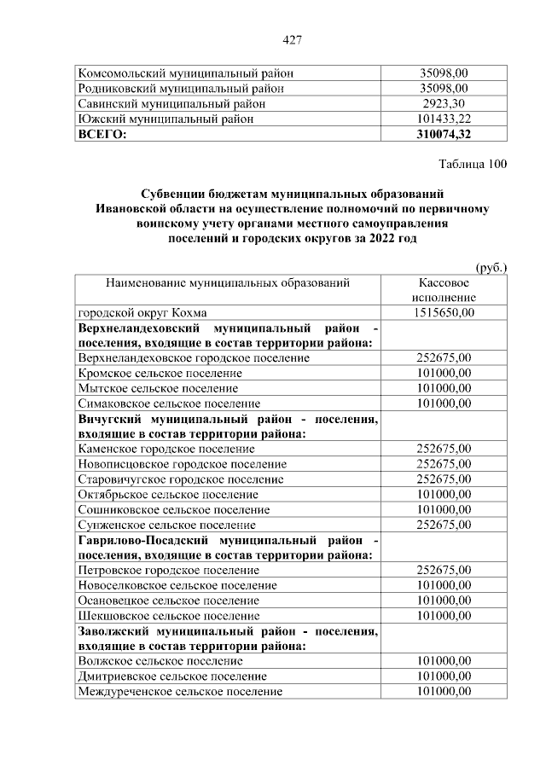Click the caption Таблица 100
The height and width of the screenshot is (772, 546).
tap(473, 164)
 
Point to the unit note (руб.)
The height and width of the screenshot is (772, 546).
tap(491, 267)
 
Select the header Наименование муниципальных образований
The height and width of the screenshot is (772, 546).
tap(228, 282)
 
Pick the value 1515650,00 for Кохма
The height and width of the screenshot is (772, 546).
tap(443, 312)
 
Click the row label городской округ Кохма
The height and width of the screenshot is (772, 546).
tap(142, 312)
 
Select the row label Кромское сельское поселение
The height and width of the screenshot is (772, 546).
tap(160, 373)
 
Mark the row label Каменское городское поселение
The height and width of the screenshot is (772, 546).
tap(166, 449)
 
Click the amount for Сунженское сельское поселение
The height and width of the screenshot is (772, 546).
tap(443, 525)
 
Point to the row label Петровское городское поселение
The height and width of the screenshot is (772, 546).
tap(168, 570)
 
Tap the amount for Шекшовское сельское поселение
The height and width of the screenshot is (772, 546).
tap(443, 615)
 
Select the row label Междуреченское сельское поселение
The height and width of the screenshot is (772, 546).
tap(179, 691)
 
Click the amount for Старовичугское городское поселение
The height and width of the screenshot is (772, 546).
tap(443, 479)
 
